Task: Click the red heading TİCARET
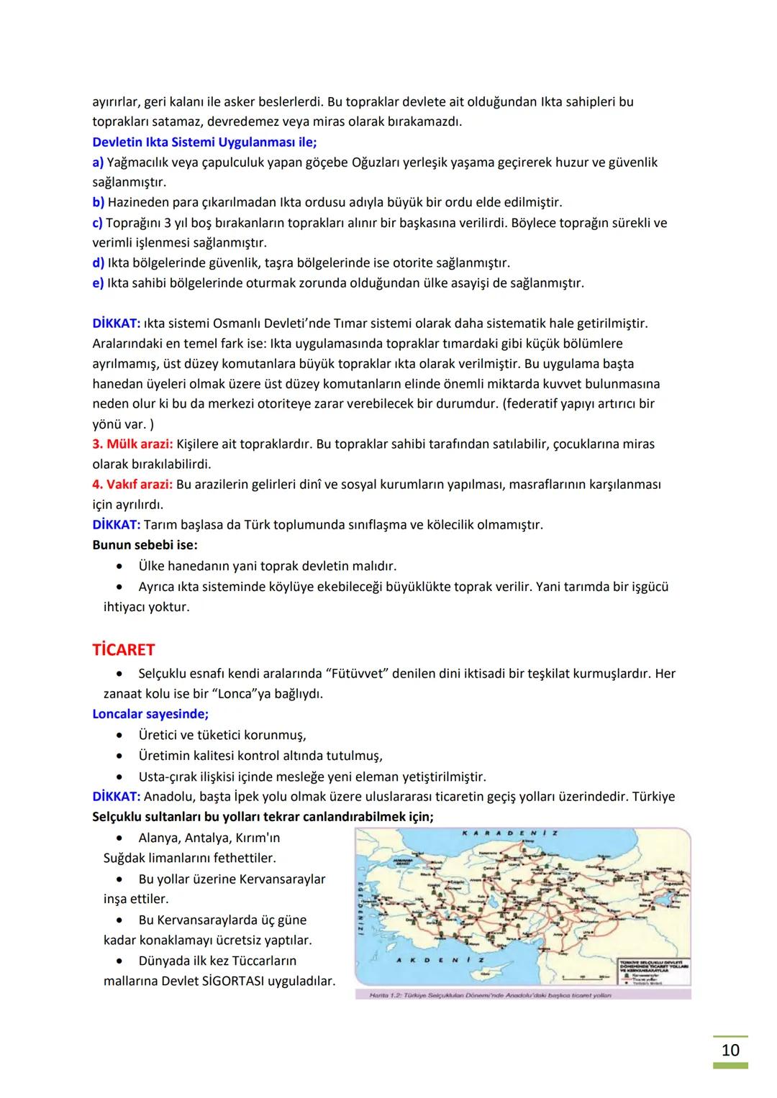coord(123,650)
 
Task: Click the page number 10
coord(730,1051)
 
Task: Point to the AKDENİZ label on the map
coord(440,960)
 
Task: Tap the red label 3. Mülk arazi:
coord(132,444)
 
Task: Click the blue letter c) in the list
coord(98,223)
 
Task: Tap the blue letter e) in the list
coord(98,283)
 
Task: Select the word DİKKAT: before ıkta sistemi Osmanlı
coord(117,324)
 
